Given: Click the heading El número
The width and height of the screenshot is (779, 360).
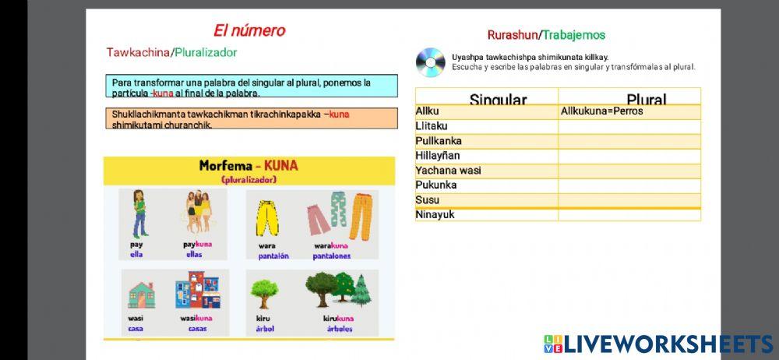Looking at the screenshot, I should [x=249, y=31].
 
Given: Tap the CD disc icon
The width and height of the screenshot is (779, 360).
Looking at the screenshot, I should [x=430, y=62].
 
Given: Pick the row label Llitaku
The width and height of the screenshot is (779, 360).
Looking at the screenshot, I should [x=432, y=126].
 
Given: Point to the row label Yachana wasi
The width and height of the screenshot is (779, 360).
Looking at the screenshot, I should [x=448, y=171].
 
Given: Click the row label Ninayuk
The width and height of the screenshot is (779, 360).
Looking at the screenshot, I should [x=435, y=214].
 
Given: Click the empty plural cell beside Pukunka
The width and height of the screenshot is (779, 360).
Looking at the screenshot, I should [x=629, y=185].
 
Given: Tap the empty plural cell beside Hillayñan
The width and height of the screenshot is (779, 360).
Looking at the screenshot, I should [x=629, y=156].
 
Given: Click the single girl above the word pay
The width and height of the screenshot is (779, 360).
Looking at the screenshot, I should [x=139, y=213].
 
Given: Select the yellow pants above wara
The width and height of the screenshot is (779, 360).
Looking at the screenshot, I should [x=266, y=217].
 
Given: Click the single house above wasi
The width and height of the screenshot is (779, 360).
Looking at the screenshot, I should [x=140, y=295].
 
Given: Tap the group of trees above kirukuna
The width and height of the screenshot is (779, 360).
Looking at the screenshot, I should [x=338, y=289].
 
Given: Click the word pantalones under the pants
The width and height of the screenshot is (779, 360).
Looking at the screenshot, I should [x=331, y=256].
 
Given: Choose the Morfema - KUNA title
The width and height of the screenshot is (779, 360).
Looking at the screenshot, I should [x=248, y=166].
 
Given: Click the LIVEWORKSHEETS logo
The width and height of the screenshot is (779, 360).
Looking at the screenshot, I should [x=657, y=344].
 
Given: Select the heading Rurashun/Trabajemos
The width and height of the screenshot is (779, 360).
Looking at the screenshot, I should [x=546, y=35].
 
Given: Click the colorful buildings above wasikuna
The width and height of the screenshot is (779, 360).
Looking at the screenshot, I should [x=194, y=290].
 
